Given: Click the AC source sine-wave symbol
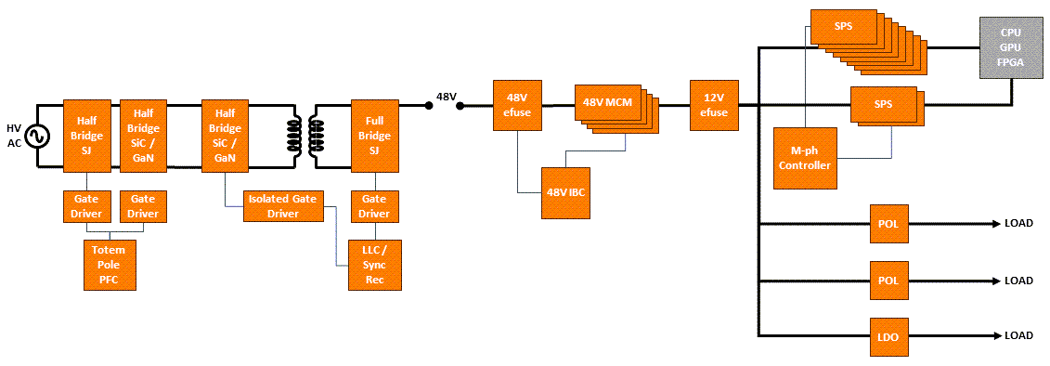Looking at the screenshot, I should tap(38, 137).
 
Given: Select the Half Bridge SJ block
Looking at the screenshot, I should tap(86, 136).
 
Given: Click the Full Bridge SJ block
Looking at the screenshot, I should tap(374, 136).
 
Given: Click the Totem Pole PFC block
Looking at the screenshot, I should tap(109, 264).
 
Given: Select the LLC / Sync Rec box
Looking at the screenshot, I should tap(374, 265).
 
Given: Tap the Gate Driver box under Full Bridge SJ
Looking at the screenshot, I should tap(374, 207).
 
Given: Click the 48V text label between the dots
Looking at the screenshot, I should tap(447, 96).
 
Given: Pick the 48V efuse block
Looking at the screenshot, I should tap(517, 105).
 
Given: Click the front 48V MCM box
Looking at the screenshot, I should tap(607, 102).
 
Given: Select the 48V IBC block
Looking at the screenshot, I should tap(566, 193).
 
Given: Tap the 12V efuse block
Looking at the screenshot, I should tap(713, 105).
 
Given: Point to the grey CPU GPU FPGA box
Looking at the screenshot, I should tap(1009, 46).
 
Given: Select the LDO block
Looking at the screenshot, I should tap(888, 336).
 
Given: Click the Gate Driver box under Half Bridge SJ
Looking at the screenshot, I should tap(86, 207).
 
